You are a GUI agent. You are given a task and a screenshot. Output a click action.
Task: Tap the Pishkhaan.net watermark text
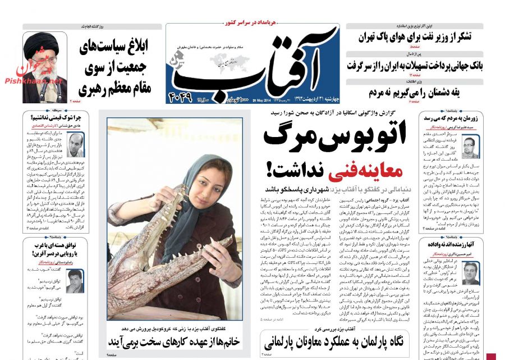click(34, 82)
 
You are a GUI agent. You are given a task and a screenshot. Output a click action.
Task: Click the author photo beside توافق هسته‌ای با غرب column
click(75, 280)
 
